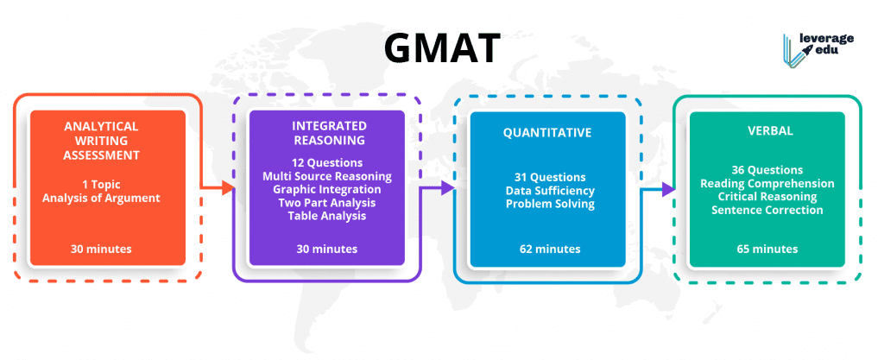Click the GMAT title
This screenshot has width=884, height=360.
(442, 47)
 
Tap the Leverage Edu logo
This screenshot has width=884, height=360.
(818, 47)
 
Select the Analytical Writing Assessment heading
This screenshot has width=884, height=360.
(101, 140)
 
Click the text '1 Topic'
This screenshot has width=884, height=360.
(101, 184)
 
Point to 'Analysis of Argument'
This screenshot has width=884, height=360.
(101, 199)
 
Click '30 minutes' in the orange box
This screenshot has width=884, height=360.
(101, 249)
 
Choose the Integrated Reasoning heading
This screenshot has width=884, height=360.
(327, 133)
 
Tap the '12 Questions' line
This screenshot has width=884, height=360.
(327, 163)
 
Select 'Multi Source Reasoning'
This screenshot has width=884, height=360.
(327, 176)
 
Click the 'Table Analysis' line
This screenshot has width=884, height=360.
(327, 215)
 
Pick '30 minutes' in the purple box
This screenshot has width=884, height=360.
(327, 249)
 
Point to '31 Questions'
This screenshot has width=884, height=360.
(550, 177)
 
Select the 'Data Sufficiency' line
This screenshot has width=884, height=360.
(550, 191)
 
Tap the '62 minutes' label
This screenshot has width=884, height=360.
(550, 249)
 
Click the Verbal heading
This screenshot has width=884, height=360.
(767, 130)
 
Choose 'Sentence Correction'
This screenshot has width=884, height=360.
(767, 210)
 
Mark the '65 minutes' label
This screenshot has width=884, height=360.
(767, 249)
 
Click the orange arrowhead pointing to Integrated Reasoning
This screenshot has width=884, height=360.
(228, 188)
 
